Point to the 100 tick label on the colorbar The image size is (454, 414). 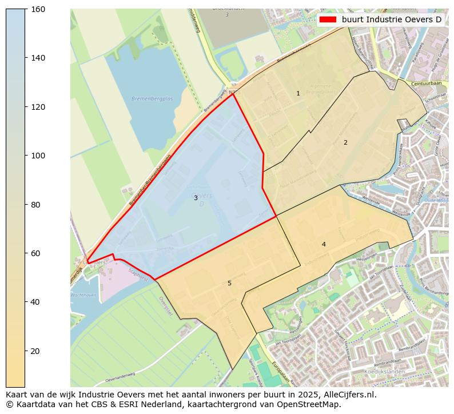pyautogui.click(x=38, y=156)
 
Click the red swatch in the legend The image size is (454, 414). pyautogui.click(x=328, y=19)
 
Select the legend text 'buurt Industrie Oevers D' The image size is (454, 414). pyautogui.click(x=392, y=19)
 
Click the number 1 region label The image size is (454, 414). pyautogui.click(x=298, y=93)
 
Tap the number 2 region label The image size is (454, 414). pyautogui.click(x=345, y=142)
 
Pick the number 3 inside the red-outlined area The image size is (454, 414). pyautogui.click(x=196, y=198)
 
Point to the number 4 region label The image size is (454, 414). pyautogui.click(x=324, y=244)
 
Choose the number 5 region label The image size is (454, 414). pyautogui.click(x=229, y=283)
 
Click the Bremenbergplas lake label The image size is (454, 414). pyautogui.click(x=148, y=98)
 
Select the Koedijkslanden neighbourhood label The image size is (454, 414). pyautogui.click(x=384, y=371)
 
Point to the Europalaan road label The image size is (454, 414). pyautogui.click(x=280, y=371)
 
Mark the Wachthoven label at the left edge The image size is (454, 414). pyautogui.click(x=83, y=294)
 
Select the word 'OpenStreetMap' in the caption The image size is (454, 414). pyautogui.click(x=311, y=404)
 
